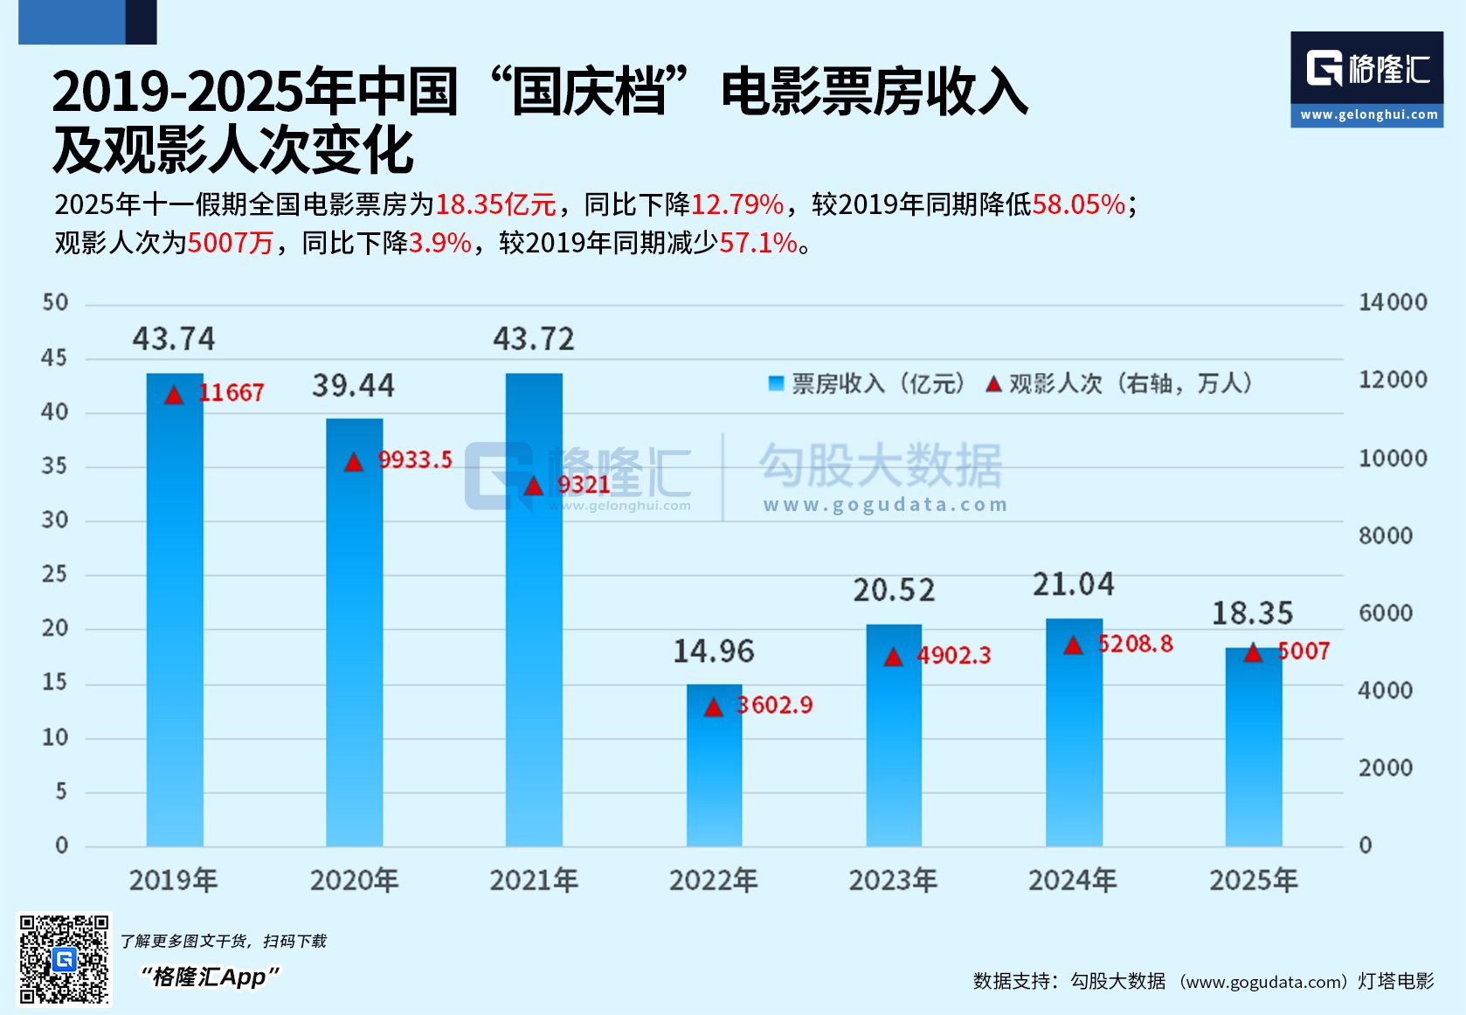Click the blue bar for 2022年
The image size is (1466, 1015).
point(714,765)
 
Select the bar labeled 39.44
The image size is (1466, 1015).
point(354,632)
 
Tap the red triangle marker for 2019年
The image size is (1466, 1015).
point(175,395)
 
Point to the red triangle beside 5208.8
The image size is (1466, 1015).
point(1073,646)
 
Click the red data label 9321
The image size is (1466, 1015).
point(584,485)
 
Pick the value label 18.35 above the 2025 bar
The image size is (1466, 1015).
point(1252,613)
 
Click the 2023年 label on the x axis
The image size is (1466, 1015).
point(893,880)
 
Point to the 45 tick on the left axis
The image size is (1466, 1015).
point(54,357)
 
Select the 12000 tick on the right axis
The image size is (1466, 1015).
point(1393,380)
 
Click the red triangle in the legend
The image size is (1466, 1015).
point(993,384)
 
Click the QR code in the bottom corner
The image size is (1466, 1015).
point(65,959)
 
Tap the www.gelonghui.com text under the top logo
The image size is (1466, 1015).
point(1368,114)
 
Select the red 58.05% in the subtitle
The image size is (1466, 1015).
point(1079,204)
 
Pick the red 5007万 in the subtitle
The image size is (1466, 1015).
point(231,243)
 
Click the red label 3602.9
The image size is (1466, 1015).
point(775,705)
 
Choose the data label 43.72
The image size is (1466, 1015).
point(534,339)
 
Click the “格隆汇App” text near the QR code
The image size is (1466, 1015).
point(211,977)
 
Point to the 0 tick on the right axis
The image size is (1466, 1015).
point(1366,846)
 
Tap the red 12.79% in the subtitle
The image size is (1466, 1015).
point(737,204)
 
